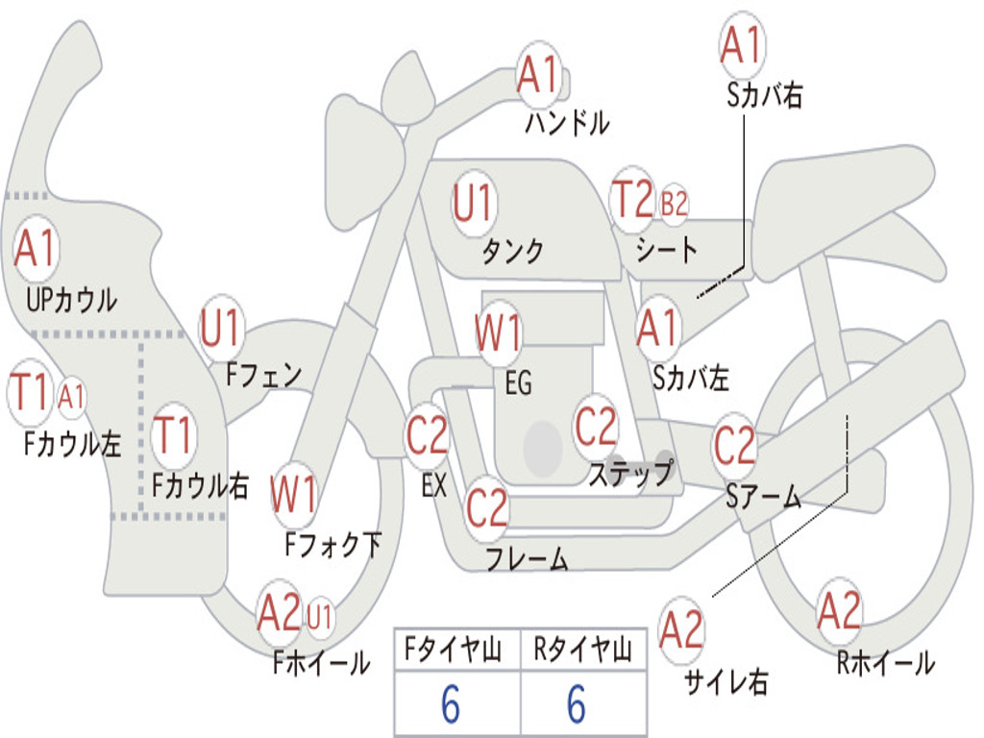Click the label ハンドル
click(x=567, y=122)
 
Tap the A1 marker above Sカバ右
click(x=742, y=45)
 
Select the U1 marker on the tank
click(x=474, y=203)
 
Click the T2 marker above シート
click(x=632, y=200)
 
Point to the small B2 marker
click(x=674, y=204)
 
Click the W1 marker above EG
click(x=499, y=332)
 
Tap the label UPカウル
click(x=71, y=300)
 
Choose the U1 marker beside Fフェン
click(x=220, y=328)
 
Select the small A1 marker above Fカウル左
click(x=71, y=396)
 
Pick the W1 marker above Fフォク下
click(x=294, y=494)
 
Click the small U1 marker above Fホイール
click(x=319, y=616)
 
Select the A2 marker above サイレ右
click(x=681, y=629)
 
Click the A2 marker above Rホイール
click(x=838, y=610)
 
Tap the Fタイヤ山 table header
click(x=454, y=649)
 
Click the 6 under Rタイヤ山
click(x=577, y=703)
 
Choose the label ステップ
click(x=630, y=473)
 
